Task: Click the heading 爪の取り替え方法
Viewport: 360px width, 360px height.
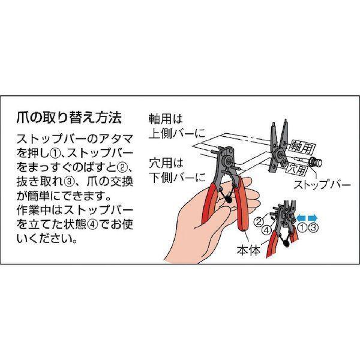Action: [69, 118]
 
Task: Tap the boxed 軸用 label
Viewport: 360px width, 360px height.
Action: [302, 146]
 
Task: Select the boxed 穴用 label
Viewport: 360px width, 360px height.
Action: [297, 169]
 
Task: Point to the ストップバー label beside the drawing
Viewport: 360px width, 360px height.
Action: [322, 185]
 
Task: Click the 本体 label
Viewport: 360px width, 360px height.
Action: [248, 250]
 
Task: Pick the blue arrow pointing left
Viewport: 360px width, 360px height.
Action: [301, 217]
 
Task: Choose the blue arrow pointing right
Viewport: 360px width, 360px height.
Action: [313, 217]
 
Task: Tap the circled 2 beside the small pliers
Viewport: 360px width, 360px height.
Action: [259, 222]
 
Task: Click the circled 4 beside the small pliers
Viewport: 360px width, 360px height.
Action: [266, 230]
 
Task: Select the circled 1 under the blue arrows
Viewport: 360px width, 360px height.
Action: [302, 227]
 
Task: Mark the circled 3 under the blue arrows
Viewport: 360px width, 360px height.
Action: [313, 227]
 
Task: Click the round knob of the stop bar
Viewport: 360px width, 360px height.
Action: [317, 163]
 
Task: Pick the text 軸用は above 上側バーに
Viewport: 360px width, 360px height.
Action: [166, 119]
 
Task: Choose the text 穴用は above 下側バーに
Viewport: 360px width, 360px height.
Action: [166, 163]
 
